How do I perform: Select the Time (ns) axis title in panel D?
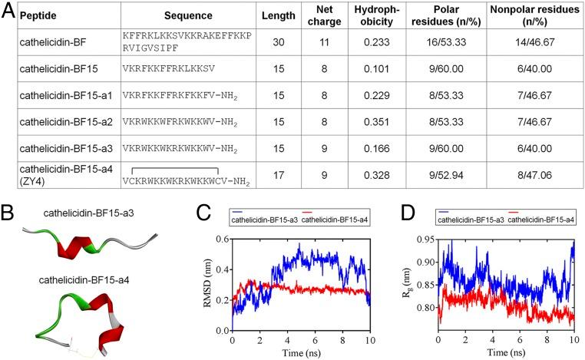coord(506,352)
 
